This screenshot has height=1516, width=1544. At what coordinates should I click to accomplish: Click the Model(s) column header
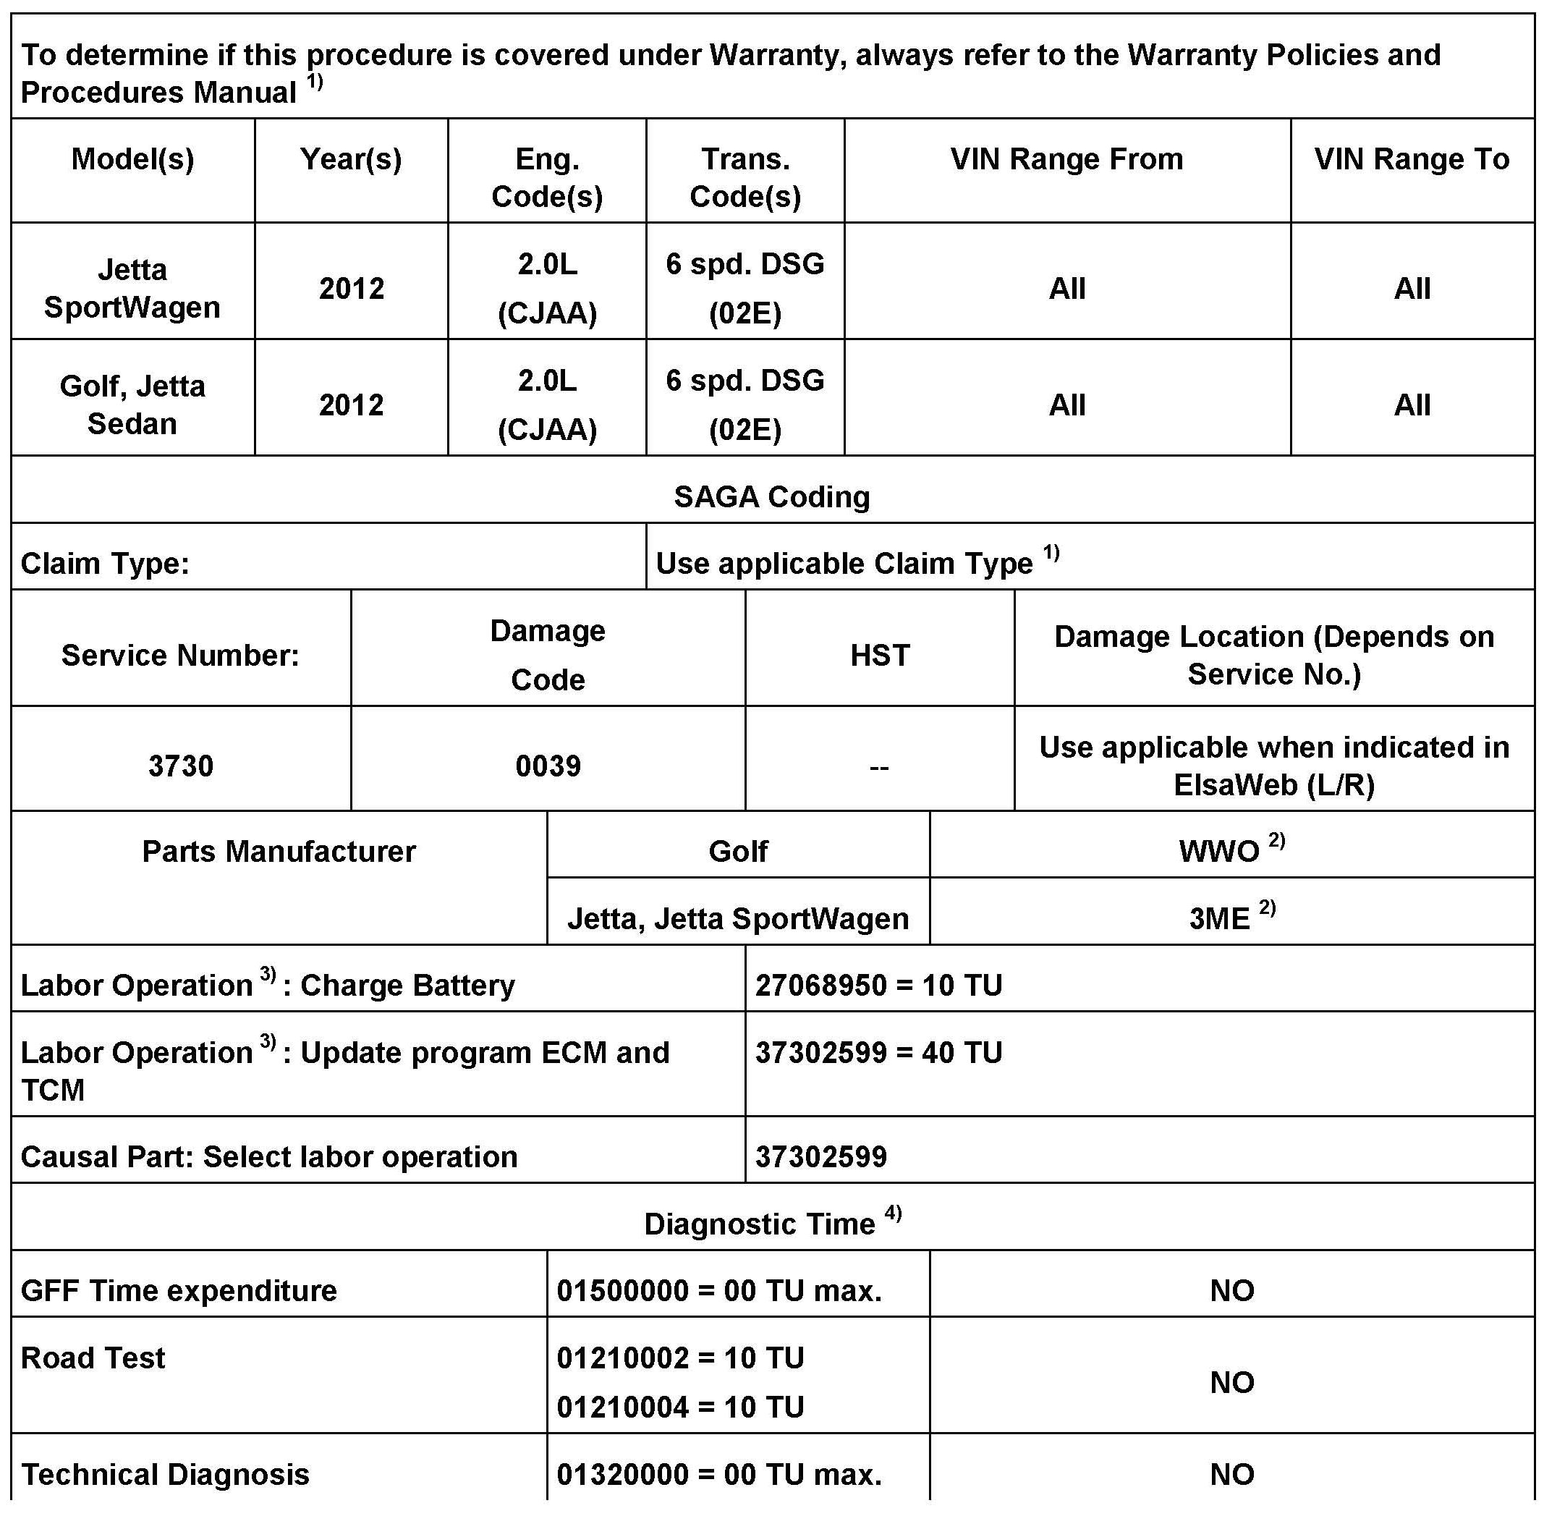click(x=132, y=159)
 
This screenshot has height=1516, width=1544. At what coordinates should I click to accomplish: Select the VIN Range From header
click(x=1066, y=159)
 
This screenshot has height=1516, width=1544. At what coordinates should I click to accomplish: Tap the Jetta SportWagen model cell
click(x=132, y=288)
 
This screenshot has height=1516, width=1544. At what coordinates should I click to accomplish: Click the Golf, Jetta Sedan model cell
click(x=132, y=405)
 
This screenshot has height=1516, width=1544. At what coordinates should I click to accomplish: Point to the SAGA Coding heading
click(x=771, y=497)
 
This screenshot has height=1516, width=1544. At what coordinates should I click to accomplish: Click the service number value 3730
click(x=181, y=766)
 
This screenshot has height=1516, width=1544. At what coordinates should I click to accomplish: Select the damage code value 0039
click(x=548, y=766)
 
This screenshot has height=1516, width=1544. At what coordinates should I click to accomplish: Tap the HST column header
click(x=879, y=656)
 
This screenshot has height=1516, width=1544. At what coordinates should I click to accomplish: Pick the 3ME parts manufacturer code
click(x=1219, y=919)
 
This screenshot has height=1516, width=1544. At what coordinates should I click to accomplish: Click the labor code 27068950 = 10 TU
click(x=878, y=986)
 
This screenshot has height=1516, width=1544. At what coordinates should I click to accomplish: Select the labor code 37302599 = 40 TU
click(x=878, y=1053)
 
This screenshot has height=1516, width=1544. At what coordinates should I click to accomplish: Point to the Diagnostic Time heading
click(x=760, y=1224)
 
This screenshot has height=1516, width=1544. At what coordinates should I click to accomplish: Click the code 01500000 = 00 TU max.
click(x=719, y=1291)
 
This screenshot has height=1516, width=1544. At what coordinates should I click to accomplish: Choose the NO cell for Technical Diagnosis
click(x=1232, y=1474)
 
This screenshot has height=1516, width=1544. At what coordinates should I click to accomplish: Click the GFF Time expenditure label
click(x=179, y=1291)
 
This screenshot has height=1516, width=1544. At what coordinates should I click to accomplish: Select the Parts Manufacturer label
click(x=279, y=852)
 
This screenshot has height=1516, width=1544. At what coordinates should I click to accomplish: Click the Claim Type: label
click(x=105, y=564)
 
